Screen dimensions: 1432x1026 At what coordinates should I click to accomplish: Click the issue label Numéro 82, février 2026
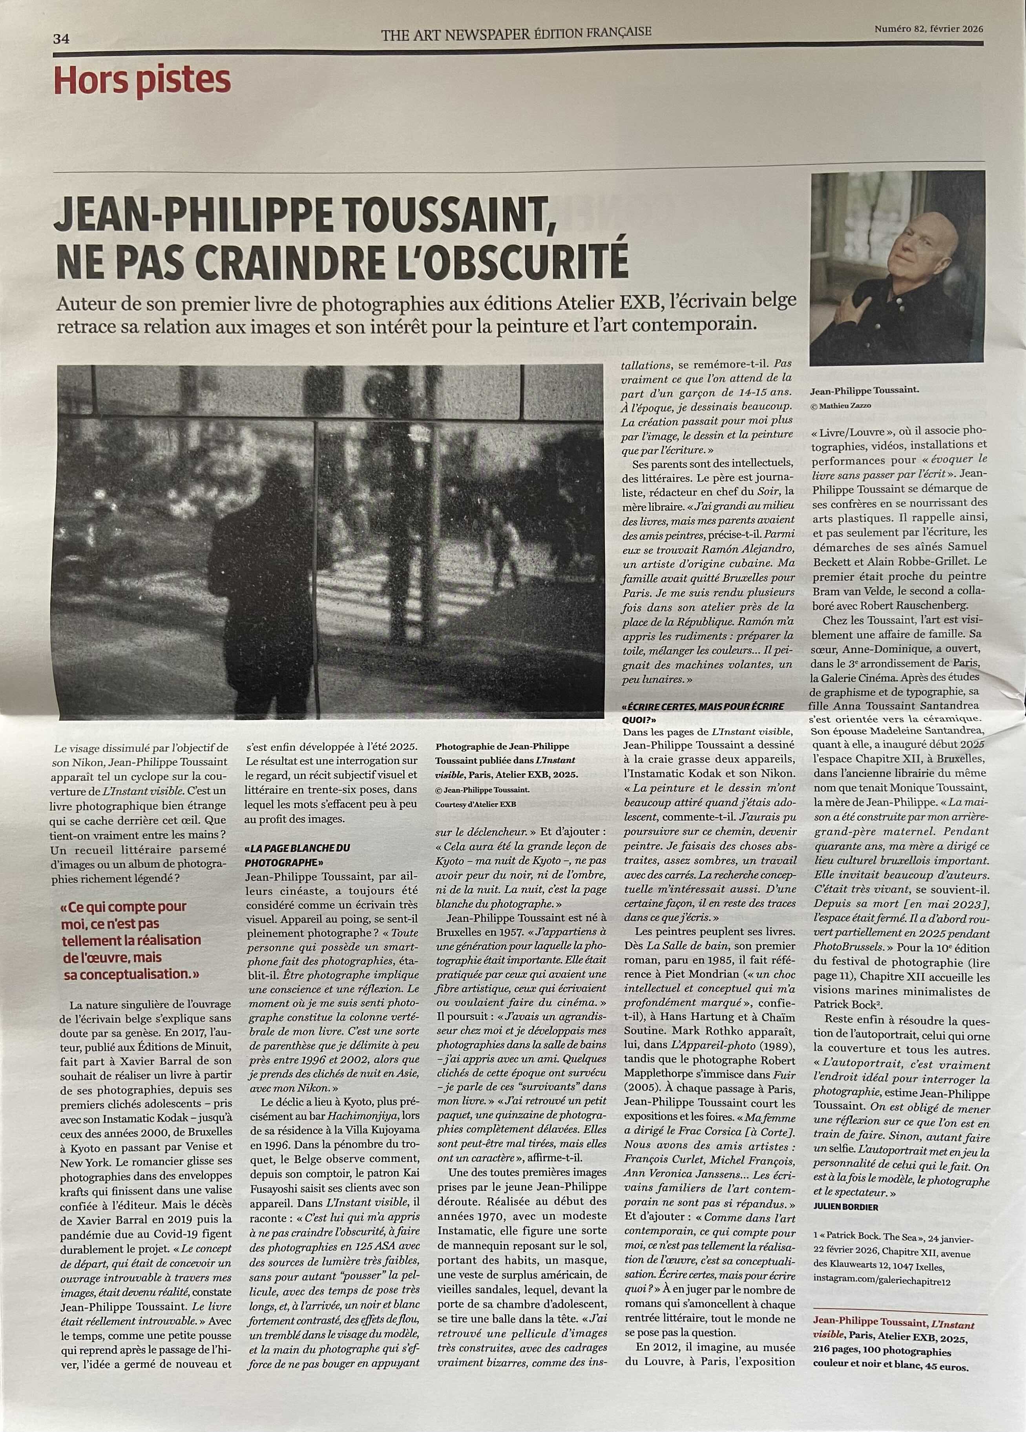point(929,28)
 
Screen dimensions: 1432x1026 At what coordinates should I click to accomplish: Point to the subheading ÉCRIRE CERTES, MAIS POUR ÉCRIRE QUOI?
point(703,712)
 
